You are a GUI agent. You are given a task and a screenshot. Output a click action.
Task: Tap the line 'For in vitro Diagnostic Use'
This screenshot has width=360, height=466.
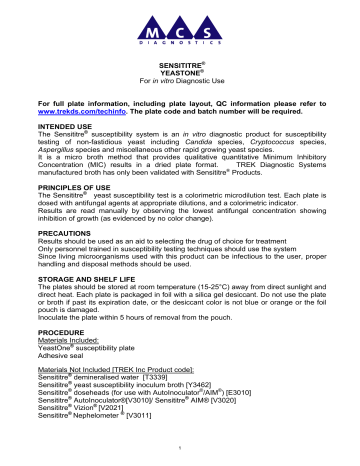point(180,93)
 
